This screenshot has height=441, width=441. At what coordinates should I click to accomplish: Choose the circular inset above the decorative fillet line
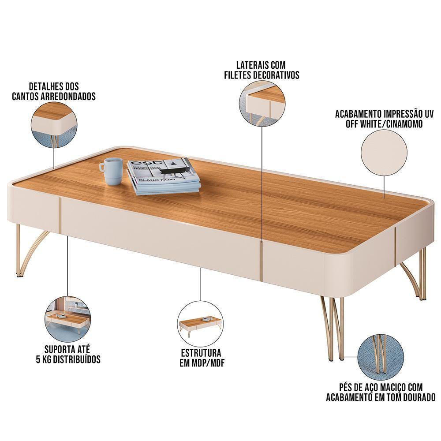tap(262, 103)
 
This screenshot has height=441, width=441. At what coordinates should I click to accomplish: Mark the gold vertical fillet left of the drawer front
tap(59, 216)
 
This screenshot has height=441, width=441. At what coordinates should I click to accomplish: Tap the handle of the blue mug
tap(101, 167)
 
